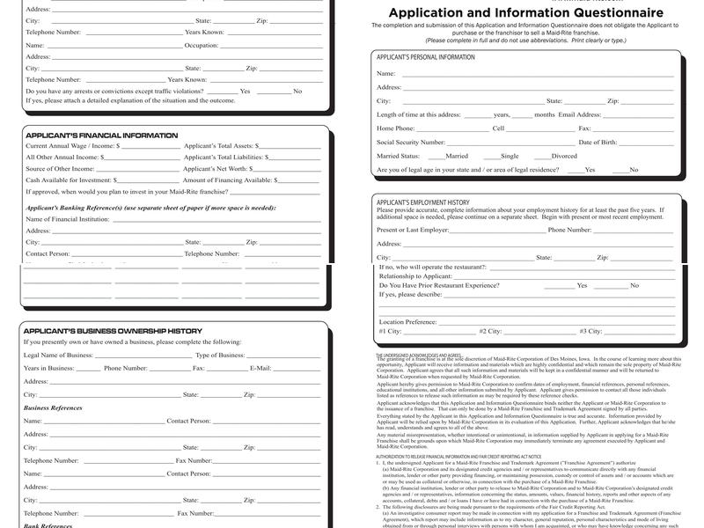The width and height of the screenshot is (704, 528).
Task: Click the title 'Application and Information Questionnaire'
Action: tap(526, 12)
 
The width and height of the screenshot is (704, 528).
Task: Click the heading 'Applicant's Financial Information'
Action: tap(102, 136)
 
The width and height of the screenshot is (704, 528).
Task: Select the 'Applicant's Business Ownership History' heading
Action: tap(114, 331)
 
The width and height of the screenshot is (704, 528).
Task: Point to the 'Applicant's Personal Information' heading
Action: tap(426, 57)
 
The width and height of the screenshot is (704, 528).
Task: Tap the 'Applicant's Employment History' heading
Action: tap(422, 202)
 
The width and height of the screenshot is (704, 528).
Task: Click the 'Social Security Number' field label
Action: tap(411, 142)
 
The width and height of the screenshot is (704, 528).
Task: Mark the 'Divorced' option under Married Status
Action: tap(564, 156)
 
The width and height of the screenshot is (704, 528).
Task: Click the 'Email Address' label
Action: tap(580, 114)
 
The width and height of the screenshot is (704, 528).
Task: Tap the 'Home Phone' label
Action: tap(396, 128)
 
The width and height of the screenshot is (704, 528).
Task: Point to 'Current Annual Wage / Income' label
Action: tap(70, 146)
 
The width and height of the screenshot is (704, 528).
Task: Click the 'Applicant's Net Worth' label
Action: tap(215, 168)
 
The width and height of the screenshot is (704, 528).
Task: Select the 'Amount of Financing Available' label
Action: tap(228, 180)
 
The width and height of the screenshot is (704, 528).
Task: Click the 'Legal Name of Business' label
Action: tap(58, 355)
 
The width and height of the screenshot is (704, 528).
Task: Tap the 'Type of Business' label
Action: tap(220, 355)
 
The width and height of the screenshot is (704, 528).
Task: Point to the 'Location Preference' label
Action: tap(408, 322)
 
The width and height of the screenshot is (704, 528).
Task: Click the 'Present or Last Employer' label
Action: tap(413, 230)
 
